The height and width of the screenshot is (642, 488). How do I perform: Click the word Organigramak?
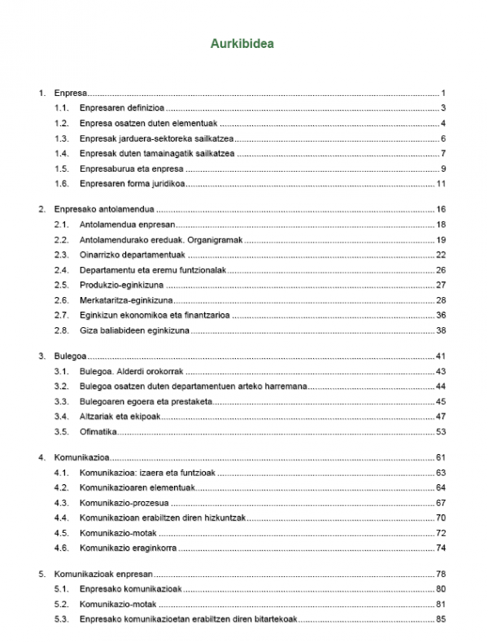click(213, 239)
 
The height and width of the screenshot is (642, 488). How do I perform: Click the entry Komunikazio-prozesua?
click(125, 502)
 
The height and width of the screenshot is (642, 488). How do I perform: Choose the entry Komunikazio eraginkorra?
click(131, 548)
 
